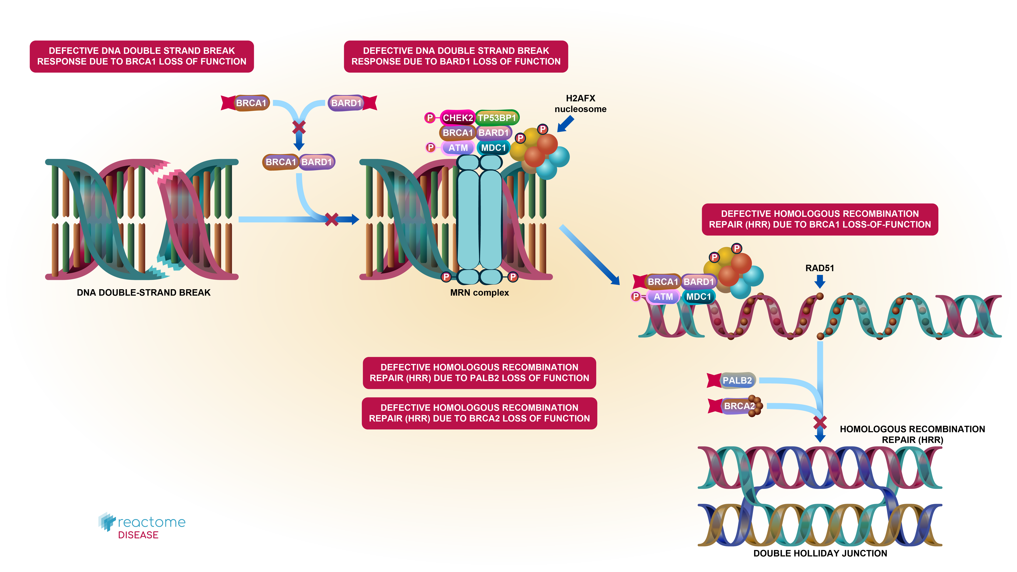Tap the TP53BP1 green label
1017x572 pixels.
point(497,118)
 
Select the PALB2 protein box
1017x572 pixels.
point(737,380)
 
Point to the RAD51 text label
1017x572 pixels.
point(820,268)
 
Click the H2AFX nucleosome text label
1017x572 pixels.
point(580,103)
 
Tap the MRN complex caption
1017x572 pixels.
point(479,293)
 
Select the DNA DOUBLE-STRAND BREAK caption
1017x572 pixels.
point(143,293)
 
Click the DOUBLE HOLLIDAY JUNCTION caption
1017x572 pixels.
point(820,553)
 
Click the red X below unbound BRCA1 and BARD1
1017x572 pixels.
point(299,127)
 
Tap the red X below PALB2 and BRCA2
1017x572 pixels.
point(820,423)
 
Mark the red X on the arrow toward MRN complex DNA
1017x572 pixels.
point(332,220)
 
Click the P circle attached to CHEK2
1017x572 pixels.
point(430,118)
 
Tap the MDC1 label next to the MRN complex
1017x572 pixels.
point(493,148)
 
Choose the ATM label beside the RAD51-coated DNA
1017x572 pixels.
point(663,297)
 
